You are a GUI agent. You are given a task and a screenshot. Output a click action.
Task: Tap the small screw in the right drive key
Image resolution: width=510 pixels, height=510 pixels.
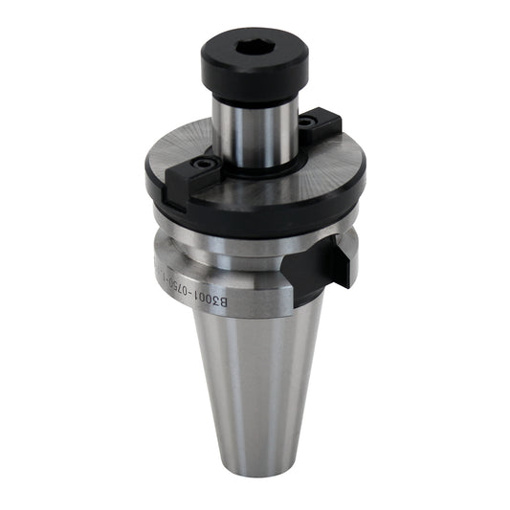pyautogui.click(x=307, y=123)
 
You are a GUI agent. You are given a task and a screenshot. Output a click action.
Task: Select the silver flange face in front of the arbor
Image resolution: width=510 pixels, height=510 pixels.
pyautogui.click(x=268, y=191)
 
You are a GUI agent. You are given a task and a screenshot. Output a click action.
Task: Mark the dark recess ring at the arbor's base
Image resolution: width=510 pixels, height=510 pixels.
pyautogui.click(x=256, y=170)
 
